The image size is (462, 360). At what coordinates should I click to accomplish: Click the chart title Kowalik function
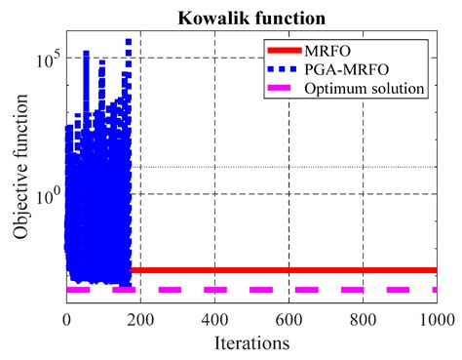[250, 18]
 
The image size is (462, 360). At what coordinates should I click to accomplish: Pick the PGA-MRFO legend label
[371, 68]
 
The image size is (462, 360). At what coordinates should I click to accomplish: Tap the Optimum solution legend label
[376, 88]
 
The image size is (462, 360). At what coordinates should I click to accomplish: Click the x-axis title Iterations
[251, 343]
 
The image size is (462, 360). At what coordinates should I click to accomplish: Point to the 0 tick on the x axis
[66, 318]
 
